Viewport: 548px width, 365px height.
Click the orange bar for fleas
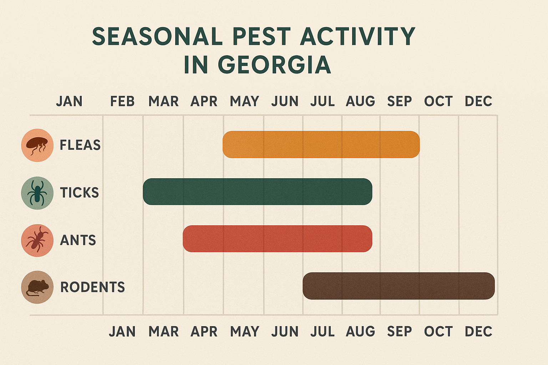click(x=321, y=144)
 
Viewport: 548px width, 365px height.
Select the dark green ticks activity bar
click(x=257, y=191)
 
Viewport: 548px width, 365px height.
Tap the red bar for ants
click(x=277, y=239)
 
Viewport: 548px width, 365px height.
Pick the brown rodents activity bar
click(x=399, y=286)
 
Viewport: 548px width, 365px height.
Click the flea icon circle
click(x=37, y=145)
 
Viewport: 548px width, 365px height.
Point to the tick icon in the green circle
click(x=37, y=193)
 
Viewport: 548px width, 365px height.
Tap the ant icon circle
click(x=37, y=240)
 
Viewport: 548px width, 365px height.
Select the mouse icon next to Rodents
click(x=37, y=287)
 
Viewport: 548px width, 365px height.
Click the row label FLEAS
click(x=80, y=145)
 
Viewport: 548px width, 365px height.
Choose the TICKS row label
click(x=79, y=193)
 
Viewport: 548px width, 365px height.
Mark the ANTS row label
click(x=78, y=240)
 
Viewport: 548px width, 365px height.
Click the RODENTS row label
click(x=92, y=287)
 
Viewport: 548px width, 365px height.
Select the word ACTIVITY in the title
click(x=357, y=36)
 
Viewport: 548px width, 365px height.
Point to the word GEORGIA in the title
click(x=274, y=65)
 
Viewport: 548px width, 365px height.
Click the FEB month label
click(x=122, y=102)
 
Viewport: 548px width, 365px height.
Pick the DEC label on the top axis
click(x=478, y=102)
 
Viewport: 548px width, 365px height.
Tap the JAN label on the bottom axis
click(x=122, y=332)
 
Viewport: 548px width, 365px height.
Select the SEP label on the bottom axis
click(x=400, y=332)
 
